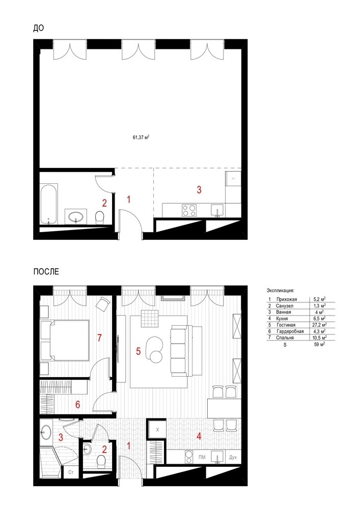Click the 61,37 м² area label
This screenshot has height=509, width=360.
pos(141,137)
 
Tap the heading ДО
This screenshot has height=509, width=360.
pos(38,28)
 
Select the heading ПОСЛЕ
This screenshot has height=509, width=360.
pos(46,271)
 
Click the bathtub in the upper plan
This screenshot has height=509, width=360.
pos(49,204)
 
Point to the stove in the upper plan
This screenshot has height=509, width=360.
pos(189,210)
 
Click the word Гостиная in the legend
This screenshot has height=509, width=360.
pos(286,325)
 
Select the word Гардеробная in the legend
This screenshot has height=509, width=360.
pos(290,331)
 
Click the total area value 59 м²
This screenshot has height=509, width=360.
pos(319,345)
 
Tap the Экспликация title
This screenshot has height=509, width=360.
pos(280,291)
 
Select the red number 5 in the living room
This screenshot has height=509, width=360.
pos(139,351)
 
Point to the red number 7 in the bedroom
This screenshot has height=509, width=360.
pos(100,338)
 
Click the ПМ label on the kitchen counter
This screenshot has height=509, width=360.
pos(202,458)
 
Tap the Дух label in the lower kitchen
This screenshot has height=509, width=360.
pos(233,458)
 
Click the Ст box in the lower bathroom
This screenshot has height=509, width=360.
pos(71,472)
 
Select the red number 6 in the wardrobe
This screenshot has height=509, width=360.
pos(77,405)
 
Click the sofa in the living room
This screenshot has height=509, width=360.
pos(179,351)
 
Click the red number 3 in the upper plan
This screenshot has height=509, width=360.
pos(199,189)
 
